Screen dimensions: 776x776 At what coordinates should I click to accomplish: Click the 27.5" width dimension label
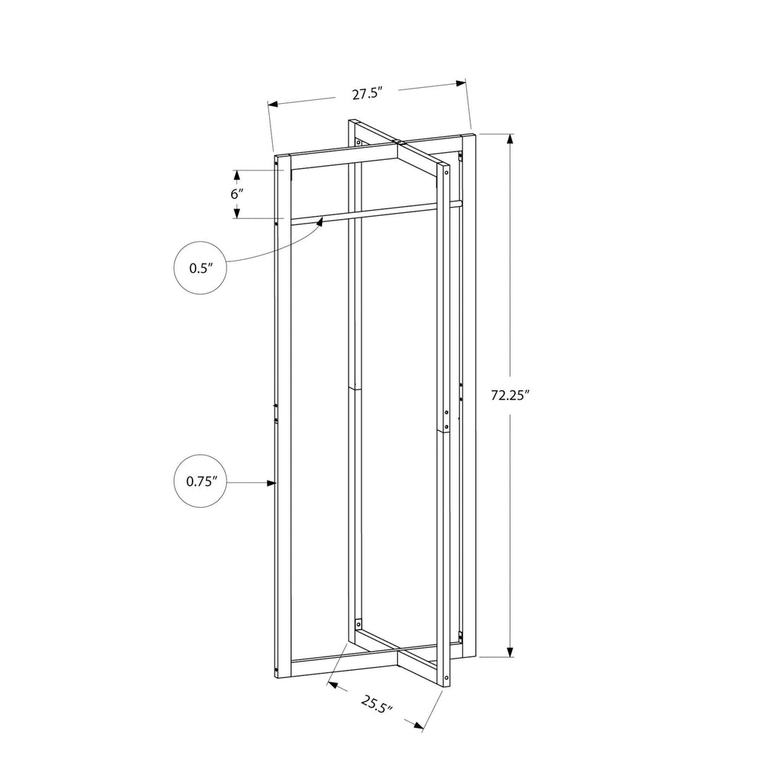pos(368,93)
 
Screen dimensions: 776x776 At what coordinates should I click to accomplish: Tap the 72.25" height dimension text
pos(511,395)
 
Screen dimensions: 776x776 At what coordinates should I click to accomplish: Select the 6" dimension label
pos(237,193)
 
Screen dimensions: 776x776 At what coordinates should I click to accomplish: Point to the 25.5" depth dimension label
pos(376,704)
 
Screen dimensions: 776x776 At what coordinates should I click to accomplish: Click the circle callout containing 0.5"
pos(200,268)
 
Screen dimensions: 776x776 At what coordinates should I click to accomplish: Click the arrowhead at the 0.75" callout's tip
pos(271,483)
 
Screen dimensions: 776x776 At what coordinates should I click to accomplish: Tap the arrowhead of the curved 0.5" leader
pos(321,221)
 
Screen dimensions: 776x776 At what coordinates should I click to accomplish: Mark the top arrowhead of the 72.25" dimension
pos(511,139)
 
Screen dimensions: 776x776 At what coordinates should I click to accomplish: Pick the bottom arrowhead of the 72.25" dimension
pos(511,652)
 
